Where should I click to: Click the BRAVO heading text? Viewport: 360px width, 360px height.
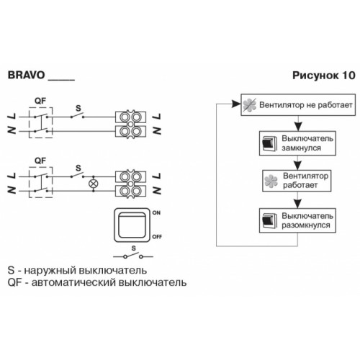(27, 75)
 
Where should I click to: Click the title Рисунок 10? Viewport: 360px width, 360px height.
(324, 76)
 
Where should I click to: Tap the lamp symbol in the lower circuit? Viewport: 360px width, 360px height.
(94, 184)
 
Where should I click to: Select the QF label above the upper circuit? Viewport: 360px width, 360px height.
(40, 101)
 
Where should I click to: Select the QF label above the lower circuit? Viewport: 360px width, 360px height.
(40, 161)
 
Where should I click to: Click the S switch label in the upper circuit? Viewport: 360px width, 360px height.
(78, 108)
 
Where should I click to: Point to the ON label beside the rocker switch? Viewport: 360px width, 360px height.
(156, 212)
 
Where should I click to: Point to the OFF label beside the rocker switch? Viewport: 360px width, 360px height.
(157, 237)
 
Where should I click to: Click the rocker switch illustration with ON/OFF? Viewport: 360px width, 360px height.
(132, 225)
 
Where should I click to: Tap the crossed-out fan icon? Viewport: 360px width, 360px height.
(249, 105)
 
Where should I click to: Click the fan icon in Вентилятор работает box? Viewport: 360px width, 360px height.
(271, 181)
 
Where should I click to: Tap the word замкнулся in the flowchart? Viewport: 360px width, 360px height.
(301, 148)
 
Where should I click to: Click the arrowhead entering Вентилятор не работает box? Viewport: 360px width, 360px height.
(237, 104)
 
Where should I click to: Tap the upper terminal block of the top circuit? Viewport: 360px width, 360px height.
(130, 117)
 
